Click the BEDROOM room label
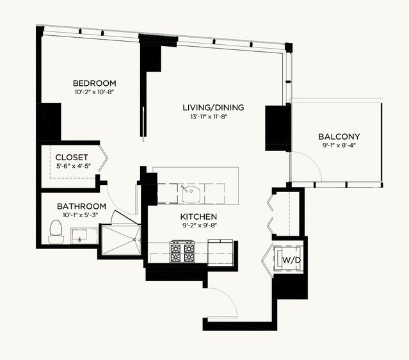(95, 83)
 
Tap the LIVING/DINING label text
(213, 108)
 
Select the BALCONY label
(339, 136)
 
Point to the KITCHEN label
(198, 217)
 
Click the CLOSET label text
(72, 158)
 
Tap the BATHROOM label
(81, 206)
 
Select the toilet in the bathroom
(56, 231)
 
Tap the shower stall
(121, 240)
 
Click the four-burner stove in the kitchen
(182, 252)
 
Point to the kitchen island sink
(190, 194)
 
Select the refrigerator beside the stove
(220, 252)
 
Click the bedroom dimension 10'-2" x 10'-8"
(94, 92)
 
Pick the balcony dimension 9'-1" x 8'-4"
(339, 145)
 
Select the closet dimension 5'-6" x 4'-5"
(74, 166)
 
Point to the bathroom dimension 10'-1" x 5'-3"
(82, 215)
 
